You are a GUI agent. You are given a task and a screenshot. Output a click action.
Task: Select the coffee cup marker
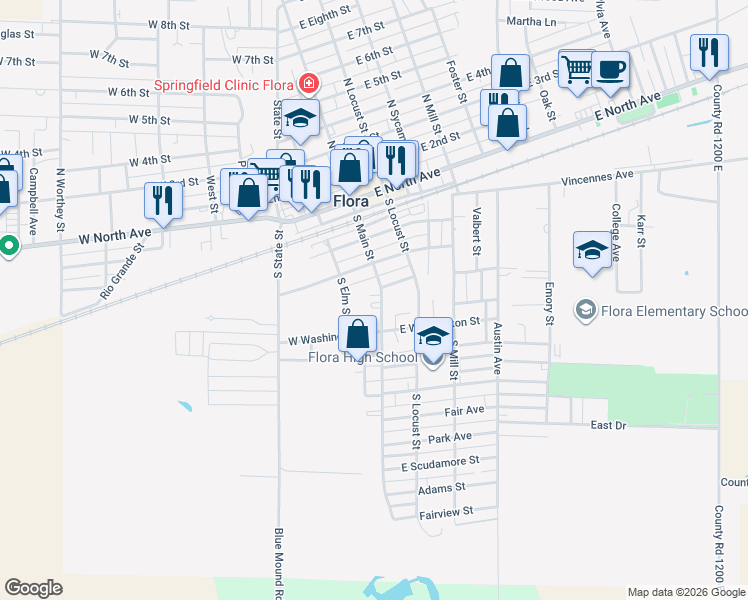point(610,71)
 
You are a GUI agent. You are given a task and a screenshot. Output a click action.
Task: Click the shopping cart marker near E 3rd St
point(577,71)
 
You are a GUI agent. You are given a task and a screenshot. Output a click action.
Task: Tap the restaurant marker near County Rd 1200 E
point(709,52)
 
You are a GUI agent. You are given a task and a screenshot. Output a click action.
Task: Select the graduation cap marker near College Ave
point(592,251)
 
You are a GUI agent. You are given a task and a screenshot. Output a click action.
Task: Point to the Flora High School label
point(363,357)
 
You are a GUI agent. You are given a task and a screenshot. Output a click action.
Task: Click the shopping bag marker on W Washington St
point(360,334)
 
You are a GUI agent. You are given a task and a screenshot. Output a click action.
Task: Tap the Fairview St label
point(445,511)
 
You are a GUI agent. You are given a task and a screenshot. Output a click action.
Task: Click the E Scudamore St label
point(441,463)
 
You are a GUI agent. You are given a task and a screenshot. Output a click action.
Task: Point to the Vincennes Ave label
point(597,176)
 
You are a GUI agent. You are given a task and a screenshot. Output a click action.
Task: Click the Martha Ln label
point(531,20)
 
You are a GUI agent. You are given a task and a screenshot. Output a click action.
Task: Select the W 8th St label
point(168,24)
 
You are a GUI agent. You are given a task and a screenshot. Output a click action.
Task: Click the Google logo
point(34,588)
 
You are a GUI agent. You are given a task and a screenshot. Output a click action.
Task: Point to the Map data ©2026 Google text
point(687,592)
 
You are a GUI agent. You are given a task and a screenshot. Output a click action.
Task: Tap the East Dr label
point(608,425)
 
